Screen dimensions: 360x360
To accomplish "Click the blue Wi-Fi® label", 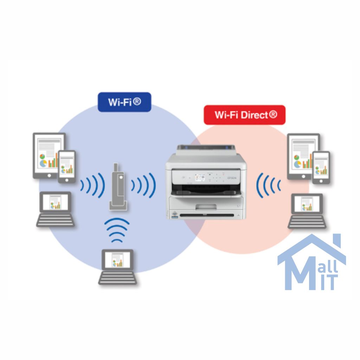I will click(124, 102).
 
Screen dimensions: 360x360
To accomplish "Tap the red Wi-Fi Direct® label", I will click(245, 115).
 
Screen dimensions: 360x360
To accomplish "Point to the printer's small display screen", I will click(199, 177).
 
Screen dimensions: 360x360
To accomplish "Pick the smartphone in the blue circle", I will click(66, 167).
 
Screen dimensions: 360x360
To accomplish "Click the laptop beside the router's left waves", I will click(55, 209).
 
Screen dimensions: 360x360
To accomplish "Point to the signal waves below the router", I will click(117, 230).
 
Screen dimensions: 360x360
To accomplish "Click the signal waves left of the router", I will click(92, 185).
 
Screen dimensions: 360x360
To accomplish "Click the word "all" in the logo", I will click(329, 266).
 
